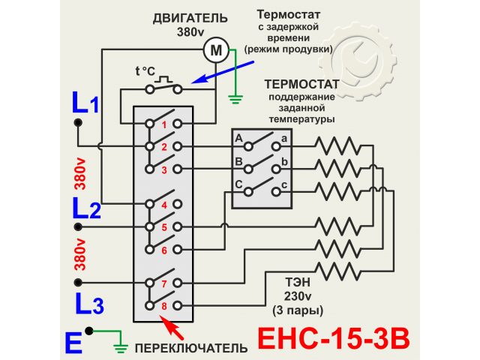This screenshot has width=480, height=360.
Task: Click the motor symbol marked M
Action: (216, 50)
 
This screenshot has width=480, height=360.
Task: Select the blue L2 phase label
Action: (86, 208)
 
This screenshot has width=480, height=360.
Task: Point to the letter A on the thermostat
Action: (238, 139)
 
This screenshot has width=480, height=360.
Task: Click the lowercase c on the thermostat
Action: (284, 185)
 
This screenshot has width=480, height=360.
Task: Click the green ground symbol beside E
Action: (118, 347)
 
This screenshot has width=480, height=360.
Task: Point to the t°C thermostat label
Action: (145, 72)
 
